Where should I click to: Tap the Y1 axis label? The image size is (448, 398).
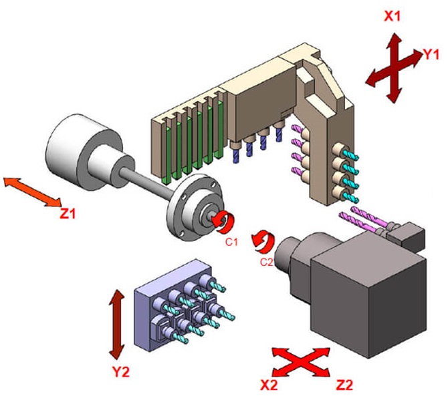(432, 56)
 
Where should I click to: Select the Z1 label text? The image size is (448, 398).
(70, 214)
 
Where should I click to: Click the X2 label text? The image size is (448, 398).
(269, 384)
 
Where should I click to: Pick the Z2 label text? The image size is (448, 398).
(343, 384)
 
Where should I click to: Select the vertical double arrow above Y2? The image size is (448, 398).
(118, 323)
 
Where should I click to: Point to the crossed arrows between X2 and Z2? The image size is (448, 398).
(304, 365)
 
